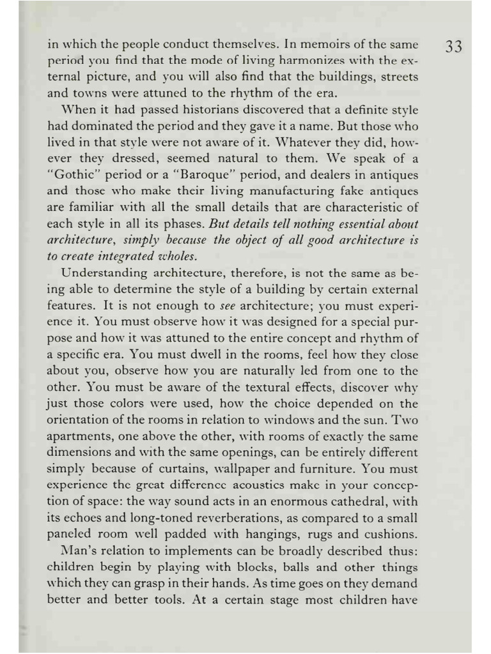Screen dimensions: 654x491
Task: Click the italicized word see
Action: click(228, 306)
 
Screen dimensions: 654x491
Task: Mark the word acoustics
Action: click(249, 486)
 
